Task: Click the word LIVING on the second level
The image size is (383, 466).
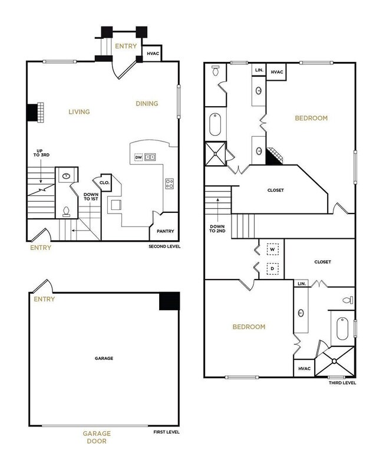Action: [x=78, y=111]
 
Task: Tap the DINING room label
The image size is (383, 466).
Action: [x=147, y=104]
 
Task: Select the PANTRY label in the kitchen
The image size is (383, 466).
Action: [x=164, y=231]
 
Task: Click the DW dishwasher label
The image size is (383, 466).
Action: [x=138, y=157]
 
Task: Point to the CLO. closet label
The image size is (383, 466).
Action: [x=104, y=183]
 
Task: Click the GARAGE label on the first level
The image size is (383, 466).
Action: [x=104, y=358]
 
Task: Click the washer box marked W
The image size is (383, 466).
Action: [x=272, y=249]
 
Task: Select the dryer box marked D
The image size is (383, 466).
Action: [x=272, y=269]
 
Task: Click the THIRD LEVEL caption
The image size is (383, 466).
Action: [x=342, y=383]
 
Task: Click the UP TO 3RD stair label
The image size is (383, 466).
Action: [x=39, y=157]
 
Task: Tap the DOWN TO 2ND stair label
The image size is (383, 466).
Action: [x=218, y=228]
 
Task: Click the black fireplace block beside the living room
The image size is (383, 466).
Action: [x=31, y=112]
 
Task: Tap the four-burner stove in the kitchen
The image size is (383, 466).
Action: [x=170, y=183]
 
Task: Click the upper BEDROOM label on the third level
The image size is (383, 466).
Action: [x=311, y=118]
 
